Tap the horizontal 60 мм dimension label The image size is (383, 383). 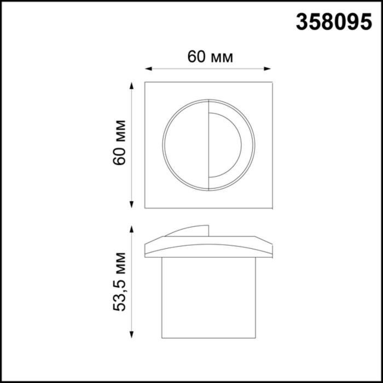(210, 57)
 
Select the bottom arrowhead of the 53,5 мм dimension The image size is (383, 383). (131, 334)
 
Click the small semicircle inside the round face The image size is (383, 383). (224, 145)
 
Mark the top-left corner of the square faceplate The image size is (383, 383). (145, 83)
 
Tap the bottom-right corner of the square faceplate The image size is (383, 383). (272, 207)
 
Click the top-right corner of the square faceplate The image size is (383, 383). (272, 83)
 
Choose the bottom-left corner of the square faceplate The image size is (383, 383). (145, 207)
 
